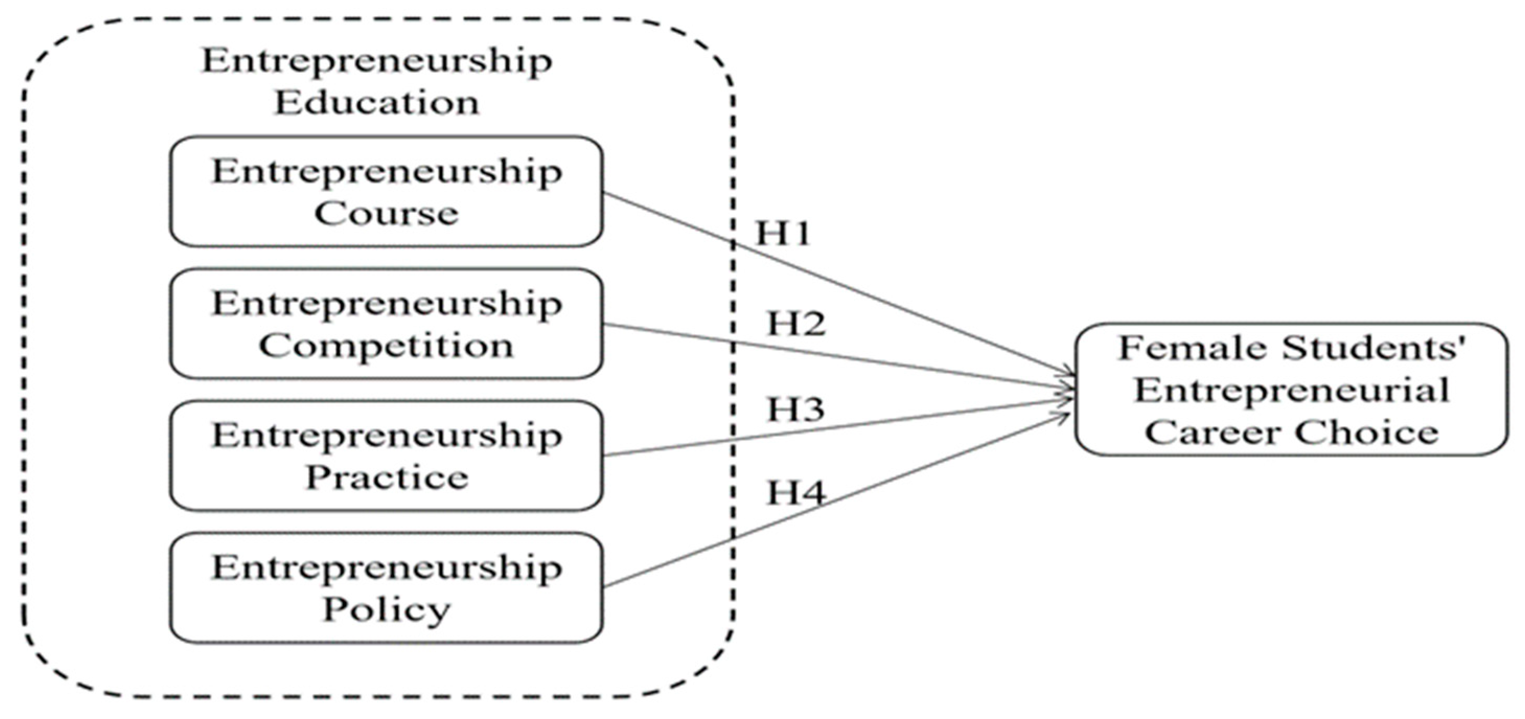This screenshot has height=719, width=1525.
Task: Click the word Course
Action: [x=386, y=213]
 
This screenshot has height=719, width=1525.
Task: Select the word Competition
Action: [x=386, y=346]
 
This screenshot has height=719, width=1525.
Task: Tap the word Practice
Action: [x=386, y=477]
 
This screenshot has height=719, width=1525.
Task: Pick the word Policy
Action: [x=386, y=609]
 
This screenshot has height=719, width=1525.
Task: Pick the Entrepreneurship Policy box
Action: [x=386, y=588]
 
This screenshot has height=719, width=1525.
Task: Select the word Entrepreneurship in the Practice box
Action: [x=386, y=437]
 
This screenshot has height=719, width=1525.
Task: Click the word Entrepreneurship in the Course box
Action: [x=386, y=173]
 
